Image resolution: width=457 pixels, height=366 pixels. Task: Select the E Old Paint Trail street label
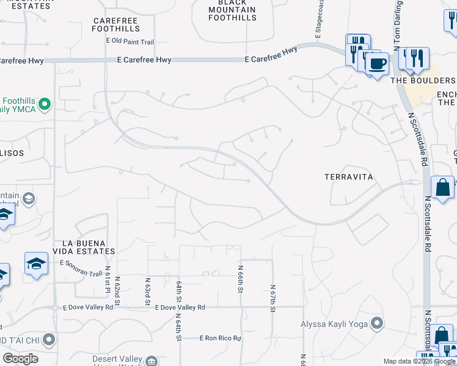click(130, 42)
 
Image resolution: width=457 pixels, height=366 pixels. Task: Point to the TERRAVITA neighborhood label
click(348, 176)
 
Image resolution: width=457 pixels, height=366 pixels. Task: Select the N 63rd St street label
click(148, 290)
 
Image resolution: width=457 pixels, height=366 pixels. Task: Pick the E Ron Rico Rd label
click(221, 338)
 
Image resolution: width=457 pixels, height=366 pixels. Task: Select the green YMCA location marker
click(44, 105)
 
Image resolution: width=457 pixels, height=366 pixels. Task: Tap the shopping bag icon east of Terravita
click(442, 187)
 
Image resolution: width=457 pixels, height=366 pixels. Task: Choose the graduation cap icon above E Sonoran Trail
click(36, 263)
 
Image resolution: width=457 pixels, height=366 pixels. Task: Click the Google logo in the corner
click(20, 359)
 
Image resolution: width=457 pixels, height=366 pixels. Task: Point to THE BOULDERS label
click(423, 81)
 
